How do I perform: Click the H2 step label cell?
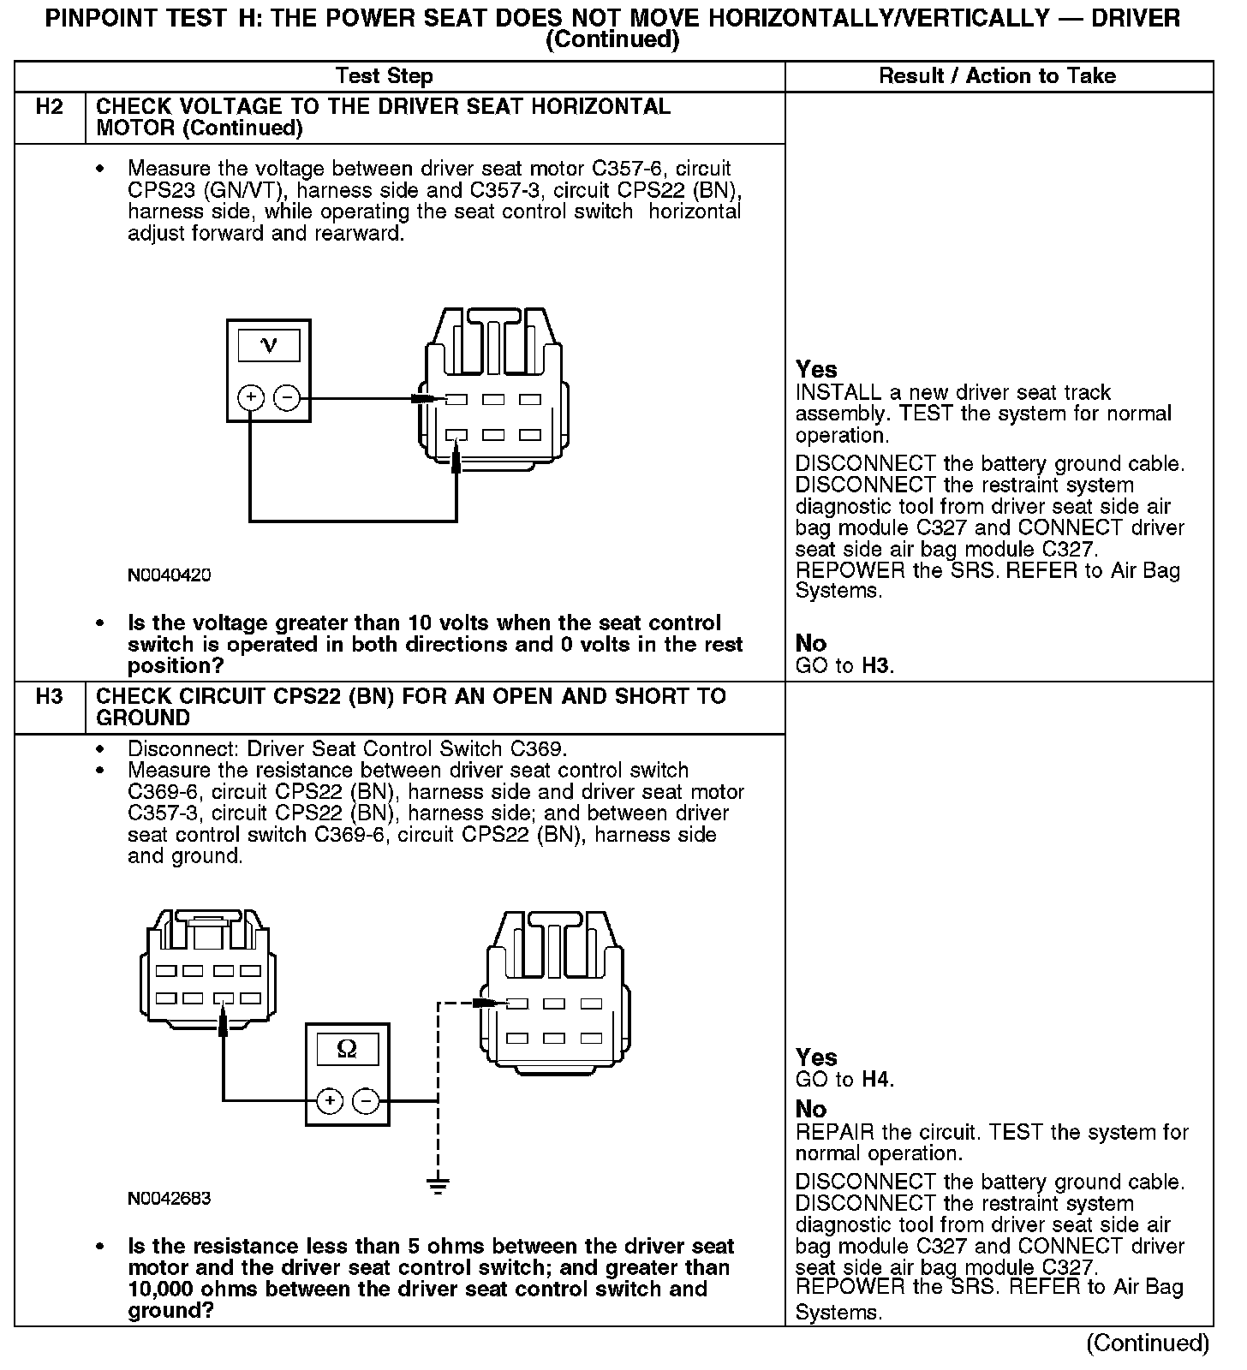[50, 108]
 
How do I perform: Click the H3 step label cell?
[50, 697]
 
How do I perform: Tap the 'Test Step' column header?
[384, 76]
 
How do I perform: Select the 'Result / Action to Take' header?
[997, 76]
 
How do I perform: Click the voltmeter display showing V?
[268, 345]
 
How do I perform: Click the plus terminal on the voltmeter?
[250, 397]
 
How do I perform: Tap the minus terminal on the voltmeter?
[286, 397]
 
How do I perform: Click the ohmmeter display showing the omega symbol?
[347, 1049]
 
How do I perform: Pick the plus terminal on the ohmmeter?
[330, 1101]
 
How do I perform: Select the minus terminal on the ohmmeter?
[366, 1101]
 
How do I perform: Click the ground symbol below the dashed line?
[438, 1186]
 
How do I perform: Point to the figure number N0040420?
[169, 575]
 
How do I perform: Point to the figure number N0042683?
[169, 1199]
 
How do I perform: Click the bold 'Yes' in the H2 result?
[815, 370]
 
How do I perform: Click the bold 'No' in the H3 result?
[810, 1110]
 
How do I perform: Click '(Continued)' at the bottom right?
[1147, 1343]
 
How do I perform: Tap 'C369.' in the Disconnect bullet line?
[538, 749]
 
